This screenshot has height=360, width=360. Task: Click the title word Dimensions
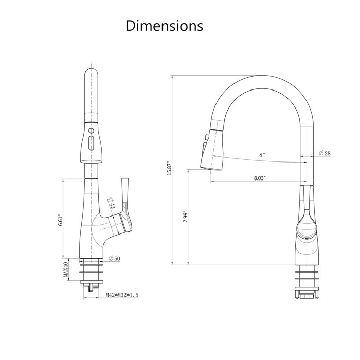(165, 26)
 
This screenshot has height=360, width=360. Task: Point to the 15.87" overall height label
(168, 169)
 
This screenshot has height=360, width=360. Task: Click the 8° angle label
(262, 154)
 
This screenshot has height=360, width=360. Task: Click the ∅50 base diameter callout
(114, 259)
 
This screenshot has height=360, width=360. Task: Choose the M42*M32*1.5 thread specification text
(122, 295)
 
